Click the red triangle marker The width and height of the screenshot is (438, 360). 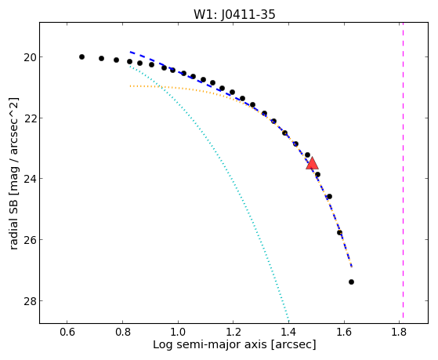tap(313, 164)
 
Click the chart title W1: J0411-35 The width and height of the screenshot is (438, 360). tap(234, 14)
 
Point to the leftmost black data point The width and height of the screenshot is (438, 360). tap(81, 56)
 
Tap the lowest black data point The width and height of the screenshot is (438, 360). tap(351, 282)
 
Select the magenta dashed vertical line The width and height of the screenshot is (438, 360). tap(403, 170)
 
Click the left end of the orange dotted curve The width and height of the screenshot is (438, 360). tap(130, 86)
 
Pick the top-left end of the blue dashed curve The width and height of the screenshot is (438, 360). tap(130, 52)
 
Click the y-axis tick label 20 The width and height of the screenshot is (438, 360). tap(29, 57)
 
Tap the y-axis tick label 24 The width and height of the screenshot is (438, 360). tap(29, 179)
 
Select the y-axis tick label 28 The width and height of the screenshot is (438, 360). tap(29, 301)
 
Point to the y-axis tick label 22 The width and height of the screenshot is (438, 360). tap(29, 118)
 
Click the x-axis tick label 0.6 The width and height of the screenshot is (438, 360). tap(67, 332)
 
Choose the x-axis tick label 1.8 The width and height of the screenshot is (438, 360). tap(399, 332)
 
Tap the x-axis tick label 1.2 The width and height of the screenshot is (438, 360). tap(233, 332)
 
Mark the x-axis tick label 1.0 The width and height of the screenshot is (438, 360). tap(178, 332)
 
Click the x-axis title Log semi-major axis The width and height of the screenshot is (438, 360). tap(210, 345)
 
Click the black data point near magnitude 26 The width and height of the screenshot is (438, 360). tap(340, 233)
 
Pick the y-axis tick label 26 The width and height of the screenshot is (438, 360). tap(29, 240)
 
